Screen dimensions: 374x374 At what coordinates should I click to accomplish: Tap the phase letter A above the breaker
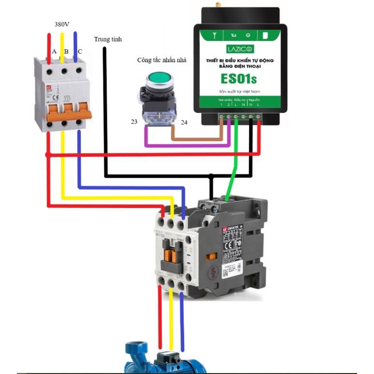54,51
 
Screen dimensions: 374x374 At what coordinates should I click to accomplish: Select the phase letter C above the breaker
80,51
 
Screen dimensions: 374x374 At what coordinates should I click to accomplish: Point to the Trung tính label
107,39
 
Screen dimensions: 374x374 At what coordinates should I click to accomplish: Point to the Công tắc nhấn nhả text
162,60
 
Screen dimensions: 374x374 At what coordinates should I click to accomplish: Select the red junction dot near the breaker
47,155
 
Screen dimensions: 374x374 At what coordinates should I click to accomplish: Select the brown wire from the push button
198,140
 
